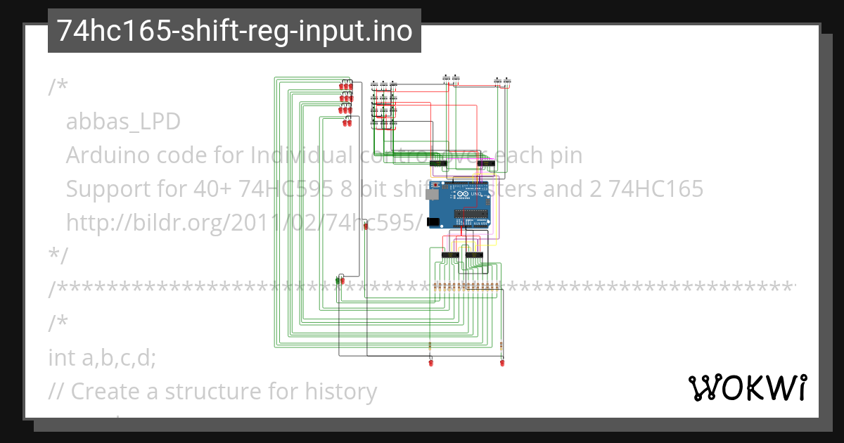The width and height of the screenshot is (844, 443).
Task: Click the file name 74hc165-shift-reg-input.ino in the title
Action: click(234, 31)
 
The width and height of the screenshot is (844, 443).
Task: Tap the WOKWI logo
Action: click(747, 387)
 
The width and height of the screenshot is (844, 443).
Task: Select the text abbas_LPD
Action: click(123, 122)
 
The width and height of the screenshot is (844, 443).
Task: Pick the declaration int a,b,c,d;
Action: click(102, 358)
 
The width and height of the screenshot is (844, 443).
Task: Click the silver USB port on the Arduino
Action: click(433, 198)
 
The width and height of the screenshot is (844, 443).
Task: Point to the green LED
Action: click(338, 281)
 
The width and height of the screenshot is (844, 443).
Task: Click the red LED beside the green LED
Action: click(343, 281)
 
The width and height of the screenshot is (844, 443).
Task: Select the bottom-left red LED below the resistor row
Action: click(430, 363)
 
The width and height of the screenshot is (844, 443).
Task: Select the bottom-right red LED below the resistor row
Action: click(501, 363)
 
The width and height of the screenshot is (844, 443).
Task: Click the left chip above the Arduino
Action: click(438, 164)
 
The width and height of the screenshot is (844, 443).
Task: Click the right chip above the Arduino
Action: click(485, 164)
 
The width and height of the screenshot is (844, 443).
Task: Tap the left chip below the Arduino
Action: click(450, 254)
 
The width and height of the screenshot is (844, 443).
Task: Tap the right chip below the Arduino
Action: click(474, 254)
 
